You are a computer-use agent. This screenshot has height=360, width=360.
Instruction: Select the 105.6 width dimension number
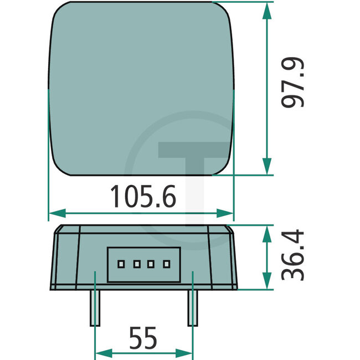(x=142, y=196)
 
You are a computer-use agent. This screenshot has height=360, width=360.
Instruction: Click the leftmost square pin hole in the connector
(x=121, y=264)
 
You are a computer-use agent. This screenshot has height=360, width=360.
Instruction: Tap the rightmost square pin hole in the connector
(x=164, y=264)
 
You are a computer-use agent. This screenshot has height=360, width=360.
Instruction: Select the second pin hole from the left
(x=135, y=264)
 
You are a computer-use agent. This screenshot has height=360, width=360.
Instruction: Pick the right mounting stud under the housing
(x=192, y=307)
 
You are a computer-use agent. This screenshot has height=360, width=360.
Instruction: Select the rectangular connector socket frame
(x=142, y=264)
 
